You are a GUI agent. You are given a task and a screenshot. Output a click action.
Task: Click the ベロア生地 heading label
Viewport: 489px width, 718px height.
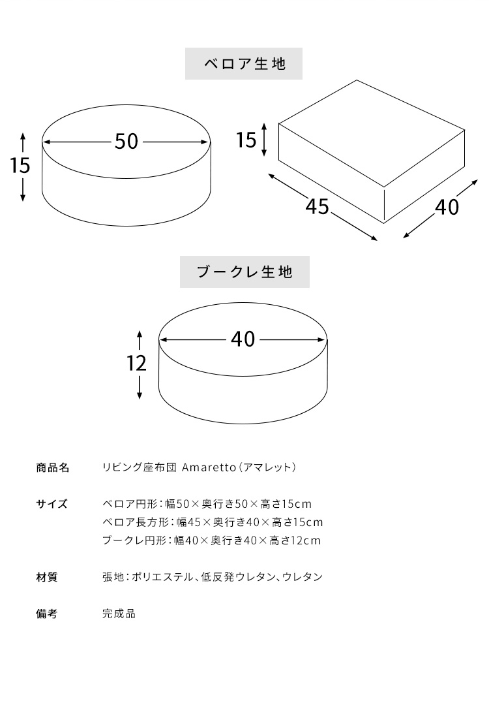click(244, 64)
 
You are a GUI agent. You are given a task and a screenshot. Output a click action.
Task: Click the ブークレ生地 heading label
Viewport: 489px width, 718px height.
click(244, 272)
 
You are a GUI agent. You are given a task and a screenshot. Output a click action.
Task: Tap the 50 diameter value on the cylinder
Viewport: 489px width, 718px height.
click(126, 142)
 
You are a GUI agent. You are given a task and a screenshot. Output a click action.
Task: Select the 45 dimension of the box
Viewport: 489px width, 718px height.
click(318, 206)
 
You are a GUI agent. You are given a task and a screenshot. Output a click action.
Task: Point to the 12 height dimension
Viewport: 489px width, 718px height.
click(136, 363)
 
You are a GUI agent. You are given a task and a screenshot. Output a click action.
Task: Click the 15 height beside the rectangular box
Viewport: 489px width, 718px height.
click(246, 140)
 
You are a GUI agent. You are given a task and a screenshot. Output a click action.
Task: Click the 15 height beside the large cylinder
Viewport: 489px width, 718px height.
click(20, 165)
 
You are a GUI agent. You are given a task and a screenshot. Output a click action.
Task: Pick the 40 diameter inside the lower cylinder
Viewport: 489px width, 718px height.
click(243, 339)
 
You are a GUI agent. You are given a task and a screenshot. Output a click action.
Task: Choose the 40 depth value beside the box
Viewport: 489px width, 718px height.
click(447, 208)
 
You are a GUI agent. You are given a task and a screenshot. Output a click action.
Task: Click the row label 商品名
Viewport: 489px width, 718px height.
click(53, 467)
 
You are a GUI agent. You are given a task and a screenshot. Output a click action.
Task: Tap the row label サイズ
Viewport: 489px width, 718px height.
click(52, 504)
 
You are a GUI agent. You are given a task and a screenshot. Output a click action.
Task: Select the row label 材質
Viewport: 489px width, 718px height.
click(47, 577)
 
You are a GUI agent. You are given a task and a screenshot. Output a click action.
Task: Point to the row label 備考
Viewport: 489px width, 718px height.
click(47, 614)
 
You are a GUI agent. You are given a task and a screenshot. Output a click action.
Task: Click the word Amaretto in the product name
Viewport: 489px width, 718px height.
click(209, 467)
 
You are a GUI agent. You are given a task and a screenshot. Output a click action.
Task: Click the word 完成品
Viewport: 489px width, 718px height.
click(119, 614)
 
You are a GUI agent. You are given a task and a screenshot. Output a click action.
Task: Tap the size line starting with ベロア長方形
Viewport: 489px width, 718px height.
click(213, 522)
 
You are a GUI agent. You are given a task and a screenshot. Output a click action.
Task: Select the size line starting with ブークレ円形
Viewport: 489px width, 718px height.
click(211, 541)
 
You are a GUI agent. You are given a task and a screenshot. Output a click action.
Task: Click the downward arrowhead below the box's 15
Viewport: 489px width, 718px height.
click(264, 153)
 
